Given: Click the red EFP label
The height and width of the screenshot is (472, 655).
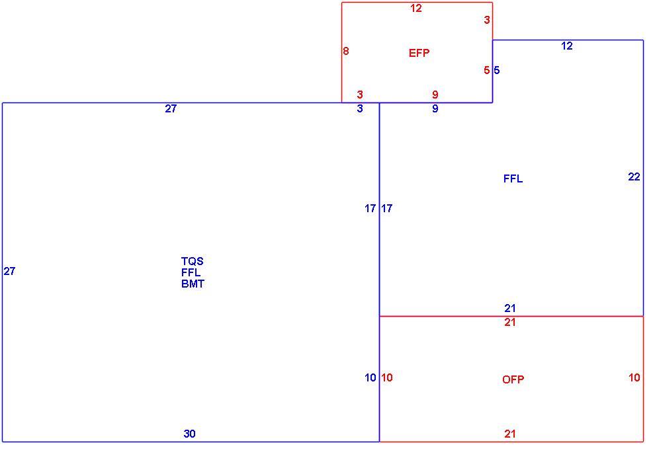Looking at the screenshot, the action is coord(419,53).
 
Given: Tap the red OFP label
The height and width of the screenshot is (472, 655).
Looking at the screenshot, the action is coord(513,379).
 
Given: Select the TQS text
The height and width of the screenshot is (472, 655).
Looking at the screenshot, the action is coord(192,261).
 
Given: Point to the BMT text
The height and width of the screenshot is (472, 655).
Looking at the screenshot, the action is coord(193,284).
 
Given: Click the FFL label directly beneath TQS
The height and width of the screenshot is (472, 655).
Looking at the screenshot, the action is coord(191,272).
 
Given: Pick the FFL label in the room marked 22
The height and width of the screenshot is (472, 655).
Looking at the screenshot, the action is coord(513,178).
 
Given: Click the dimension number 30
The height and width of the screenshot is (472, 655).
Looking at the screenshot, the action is coord(189,434).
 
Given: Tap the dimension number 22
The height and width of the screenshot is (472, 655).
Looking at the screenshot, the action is coord(634,177).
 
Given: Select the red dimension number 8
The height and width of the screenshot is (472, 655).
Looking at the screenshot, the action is coord(346,51).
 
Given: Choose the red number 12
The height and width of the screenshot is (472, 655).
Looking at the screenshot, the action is coord(416,9).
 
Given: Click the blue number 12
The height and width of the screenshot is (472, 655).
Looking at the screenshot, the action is coord(567,46).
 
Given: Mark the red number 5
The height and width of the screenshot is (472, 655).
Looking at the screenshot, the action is coord(487,70).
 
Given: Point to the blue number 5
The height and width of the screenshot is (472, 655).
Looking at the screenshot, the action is coord(496,70).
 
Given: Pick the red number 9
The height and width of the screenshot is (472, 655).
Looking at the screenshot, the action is coord(435,95).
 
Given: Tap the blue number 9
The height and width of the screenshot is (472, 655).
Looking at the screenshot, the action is coord(435,108).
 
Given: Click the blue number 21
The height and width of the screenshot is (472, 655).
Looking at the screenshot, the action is coord(510,309).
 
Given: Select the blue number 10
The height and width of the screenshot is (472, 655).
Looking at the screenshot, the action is coord(371,377).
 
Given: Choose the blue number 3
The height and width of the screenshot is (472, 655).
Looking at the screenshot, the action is coord(360,108).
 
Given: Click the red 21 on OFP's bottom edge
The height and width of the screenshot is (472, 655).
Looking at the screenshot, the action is coord(510,434).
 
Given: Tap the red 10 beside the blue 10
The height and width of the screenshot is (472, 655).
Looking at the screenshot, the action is coord(387,377).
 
